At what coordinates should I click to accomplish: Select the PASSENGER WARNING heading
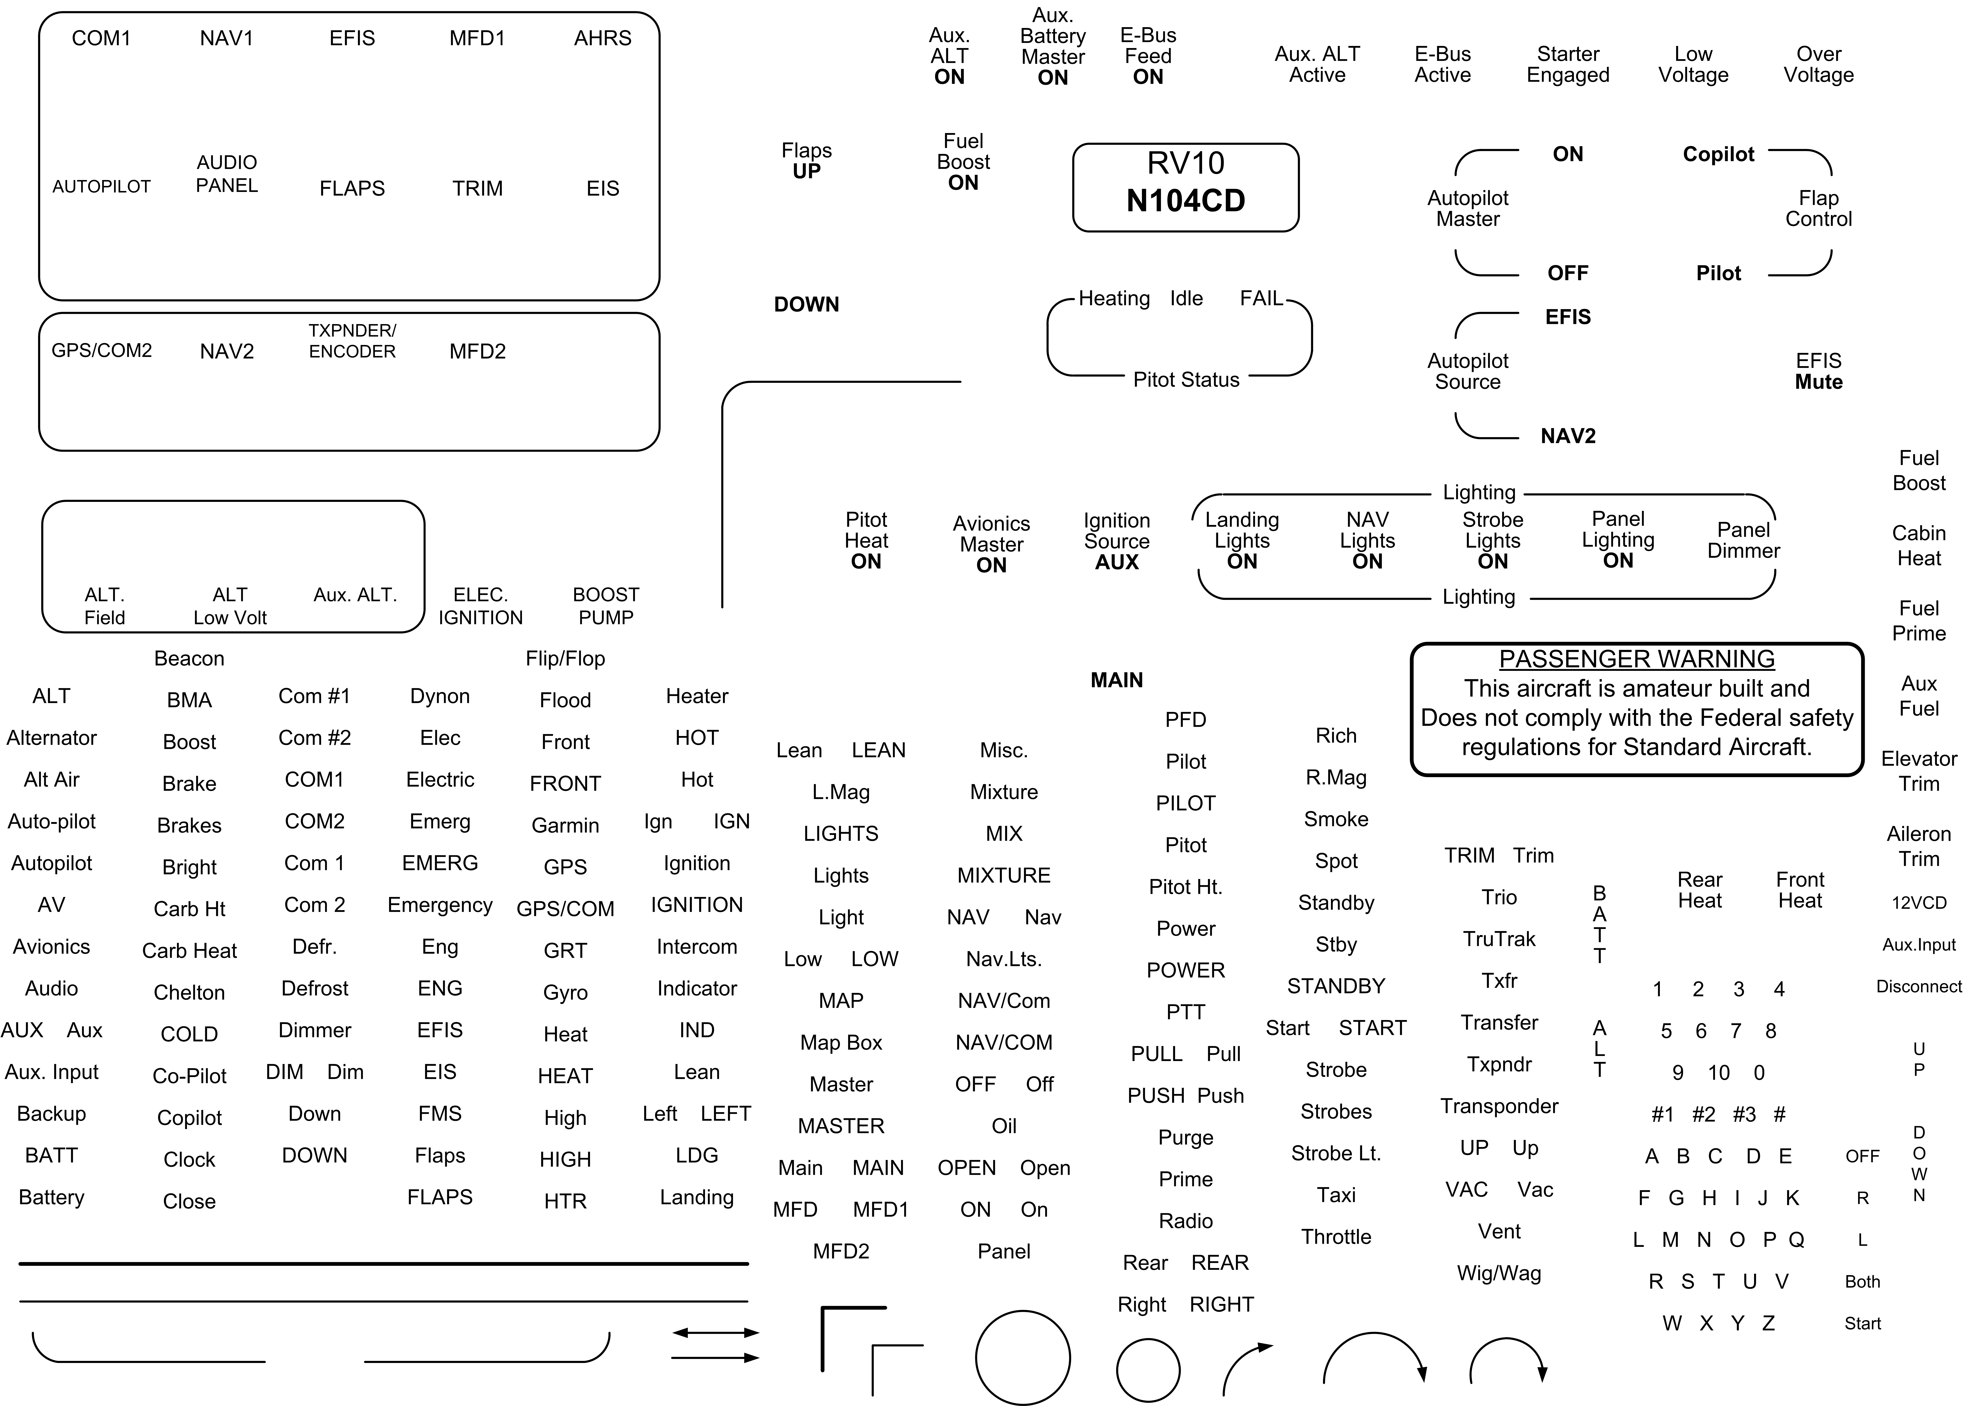(1637, 659)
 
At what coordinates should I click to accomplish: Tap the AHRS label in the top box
(602, 38)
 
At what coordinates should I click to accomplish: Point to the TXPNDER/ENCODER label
(352, 341)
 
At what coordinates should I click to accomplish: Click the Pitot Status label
(1186, 380)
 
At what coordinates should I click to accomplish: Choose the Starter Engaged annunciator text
(1567, 65)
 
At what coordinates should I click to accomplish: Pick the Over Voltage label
(1818, 65)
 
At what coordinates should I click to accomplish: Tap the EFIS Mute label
(1818, 371)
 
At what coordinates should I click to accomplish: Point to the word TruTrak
(1499, 939)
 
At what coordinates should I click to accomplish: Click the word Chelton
(190, 992)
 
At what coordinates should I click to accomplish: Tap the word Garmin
(565, 825)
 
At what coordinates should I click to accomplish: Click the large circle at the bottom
(1023, 1358)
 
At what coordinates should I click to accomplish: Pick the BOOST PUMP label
(606, 606)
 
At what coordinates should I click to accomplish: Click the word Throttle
(1336, 1236)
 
